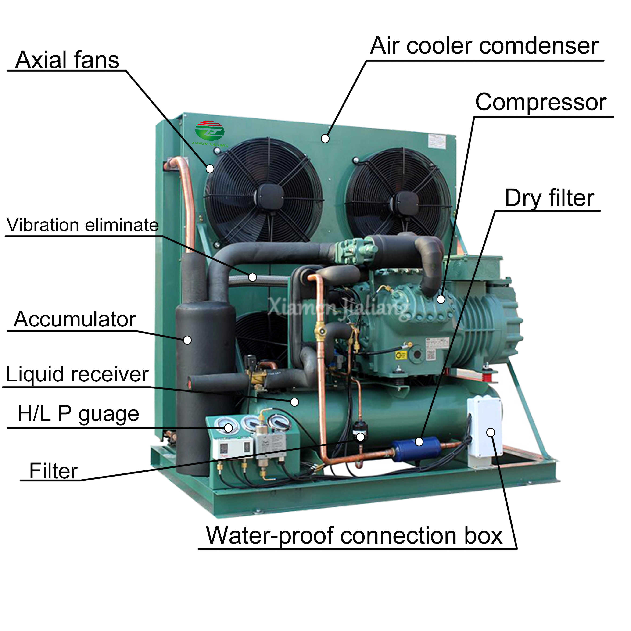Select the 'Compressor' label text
[x=541, y=102]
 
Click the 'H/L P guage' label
[x=78, y=414]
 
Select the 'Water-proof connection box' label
[x=354, y=536]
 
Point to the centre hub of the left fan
[x=269, y=196]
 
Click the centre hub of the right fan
[x=407, y=203]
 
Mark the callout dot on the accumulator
[x=187, y=340]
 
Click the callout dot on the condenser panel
[x=325, y=139]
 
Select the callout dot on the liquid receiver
[x=295, y=402]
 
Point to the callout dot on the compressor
[x=441, y=299]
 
